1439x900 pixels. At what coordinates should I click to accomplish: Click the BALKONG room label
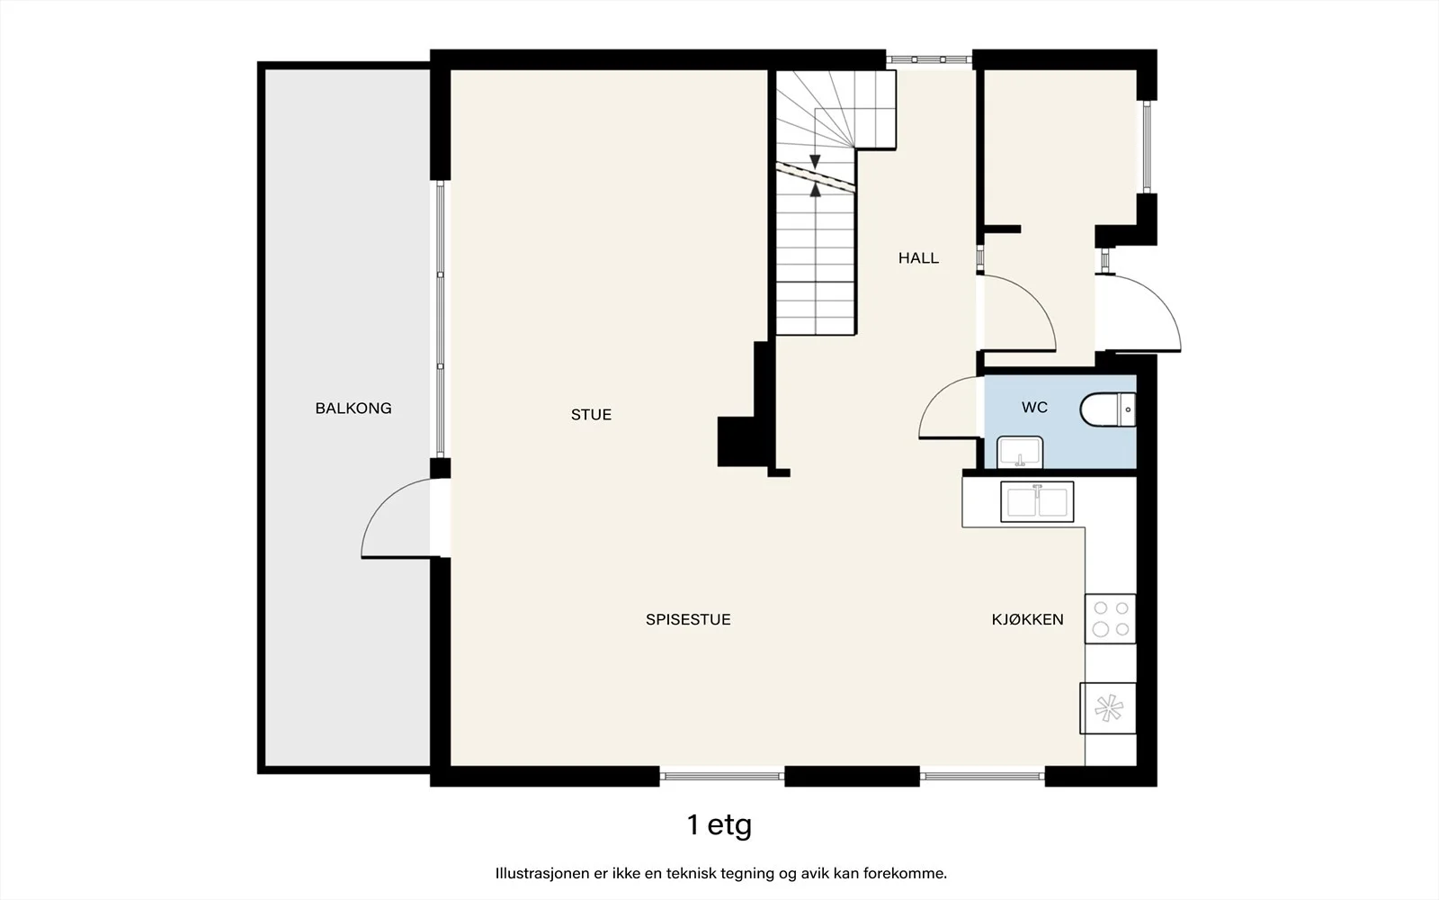(x=353, y=409)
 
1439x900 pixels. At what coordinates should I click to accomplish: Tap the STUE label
(x=591, y=415)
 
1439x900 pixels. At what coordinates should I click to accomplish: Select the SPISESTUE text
(x=688, y=619)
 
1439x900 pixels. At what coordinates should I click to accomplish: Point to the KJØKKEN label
(x=1028, y=619)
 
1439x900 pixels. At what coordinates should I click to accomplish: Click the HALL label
(x=918, y=257)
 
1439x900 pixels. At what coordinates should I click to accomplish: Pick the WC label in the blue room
(x=1034, y=407)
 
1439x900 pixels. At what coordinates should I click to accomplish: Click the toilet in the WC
(x=1108, y=409)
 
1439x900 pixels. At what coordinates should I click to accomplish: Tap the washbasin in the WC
(x=1020, y=452)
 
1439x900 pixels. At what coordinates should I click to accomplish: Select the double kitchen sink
(x=1038, y=501)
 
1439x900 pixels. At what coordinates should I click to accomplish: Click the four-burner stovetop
(x=1111, y=618)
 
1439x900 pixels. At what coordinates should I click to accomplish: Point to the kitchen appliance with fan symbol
(x=1108, y=708)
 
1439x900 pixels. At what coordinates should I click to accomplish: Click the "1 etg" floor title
(x=719, y=824)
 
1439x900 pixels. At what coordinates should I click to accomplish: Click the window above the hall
(x=929, y=59)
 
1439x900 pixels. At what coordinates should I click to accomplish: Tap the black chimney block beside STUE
(x=743, y=441)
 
